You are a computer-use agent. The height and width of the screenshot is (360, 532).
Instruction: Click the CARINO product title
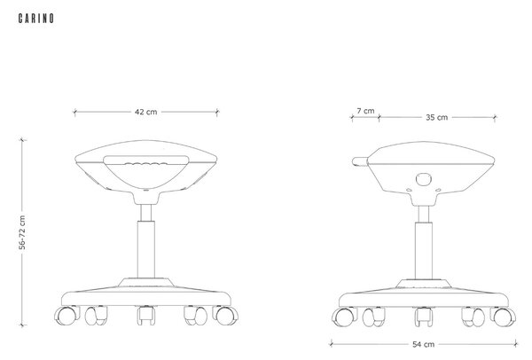36,19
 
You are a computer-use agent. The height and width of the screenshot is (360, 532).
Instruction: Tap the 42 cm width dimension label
146,112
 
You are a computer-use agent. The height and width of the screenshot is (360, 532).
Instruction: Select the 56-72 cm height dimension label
22,232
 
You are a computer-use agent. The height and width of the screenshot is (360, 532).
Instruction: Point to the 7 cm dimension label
365,111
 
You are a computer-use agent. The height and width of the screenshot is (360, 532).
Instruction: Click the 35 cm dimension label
436,117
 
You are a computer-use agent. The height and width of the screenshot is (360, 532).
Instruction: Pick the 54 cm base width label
423,344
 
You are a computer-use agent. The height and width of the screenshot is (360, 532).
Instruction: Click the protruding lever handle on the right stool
360,161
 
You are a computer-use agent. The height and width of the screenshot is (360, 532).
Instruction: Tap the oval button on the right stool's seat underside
424,179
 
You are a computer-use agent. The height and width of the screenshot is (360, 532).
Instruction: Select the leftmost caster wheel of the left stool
66,316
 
